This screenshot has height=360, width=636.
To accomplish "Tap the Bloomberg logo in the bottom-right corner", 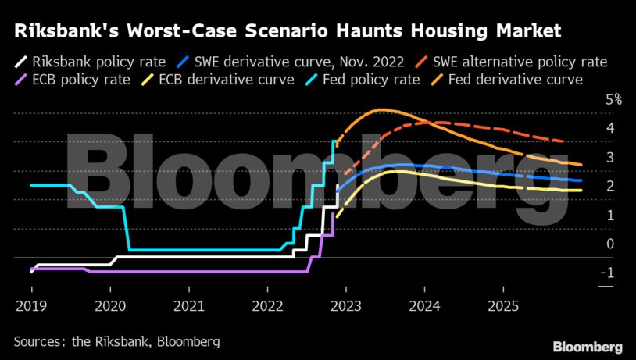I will click(588, 346).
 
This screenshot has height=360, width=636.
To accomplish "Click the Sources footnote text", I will click(116, 341).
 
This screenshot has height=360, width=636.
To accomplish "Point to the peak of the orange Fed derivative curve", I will click(381, 109).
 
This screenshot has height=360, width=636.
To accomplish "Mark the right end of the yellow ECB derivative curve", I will click(581, 190).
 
